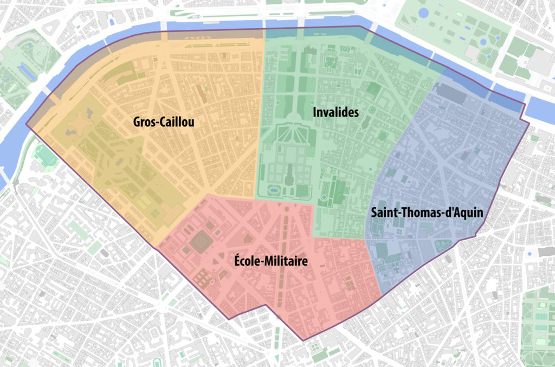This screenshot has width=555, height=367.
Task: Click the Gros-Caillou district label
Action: tap(164, 123)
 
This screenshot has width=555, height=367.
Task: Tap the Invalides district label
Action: tap(336, 112)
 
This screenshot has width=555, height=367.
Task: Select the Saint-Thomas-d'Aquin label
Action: tap(427, 212)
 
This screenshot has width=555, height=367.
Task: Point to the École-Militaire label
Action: tap(271, 261)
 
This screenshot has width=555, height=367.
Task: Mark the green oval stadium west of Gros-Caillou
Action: tap(45, 154)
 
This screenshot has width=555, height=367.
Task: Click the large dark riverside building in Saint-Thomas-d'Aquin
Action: tap(455, 93)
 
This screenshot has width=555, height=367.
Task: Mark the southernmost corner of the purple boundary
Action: tap(302, 340)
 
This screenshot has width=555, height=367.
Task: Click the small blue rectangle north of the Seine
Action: tap(113, 22)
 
